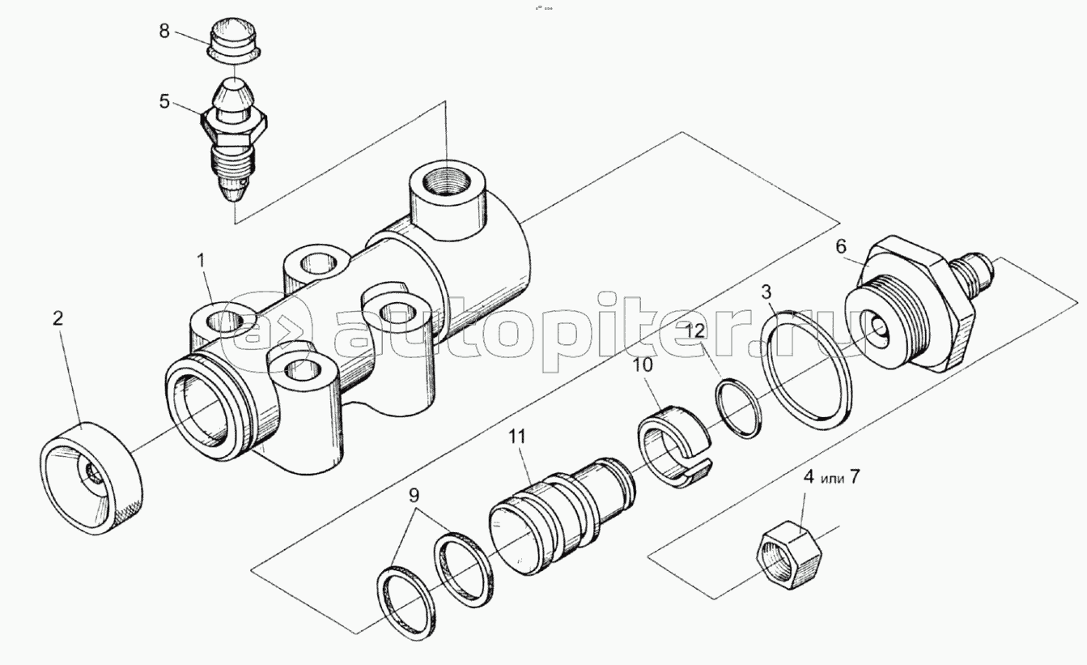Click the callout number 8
tap(164, 32)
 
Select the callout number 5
tap(164, 102)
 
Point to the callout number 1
tap(202, 262)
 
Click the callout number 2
tap(57, 318)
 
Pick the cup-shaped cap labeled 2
tap(91, 478)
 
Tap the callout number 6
tap(841, 247)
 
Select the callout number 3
tap(766, 292)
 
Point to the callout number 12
tap(695, 332)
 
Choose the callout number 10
tap(643, 364)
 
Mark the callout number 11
tap(517, 437)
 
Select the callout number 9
tap(414, 496)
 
